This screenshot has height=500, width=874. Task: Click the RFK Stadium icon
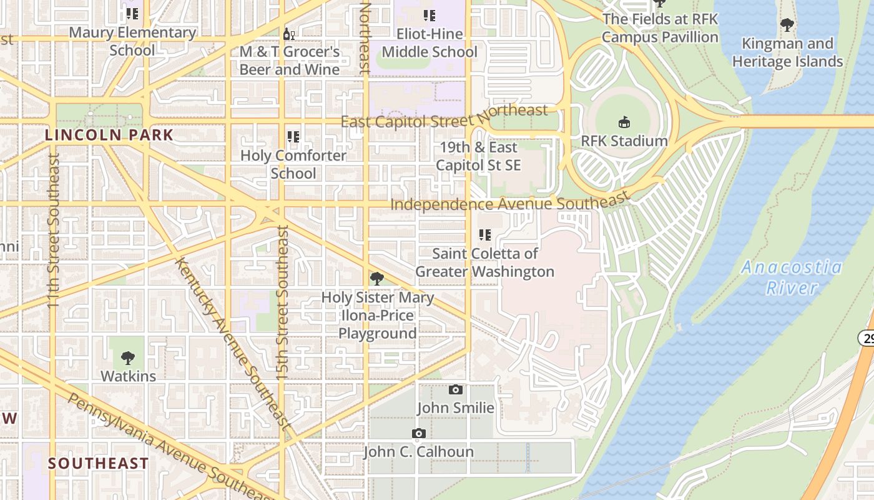(x=624, y=122)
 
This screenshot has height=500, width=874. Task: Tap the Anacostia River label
(x=792, y=277)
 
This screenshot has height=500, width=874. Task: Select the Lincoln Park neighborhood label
(x=109, y=135)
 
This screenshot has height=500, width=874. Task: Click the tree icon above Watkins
(x=128, y=358)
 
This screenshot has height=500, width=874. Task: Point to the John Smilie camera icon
(x=456, y=390)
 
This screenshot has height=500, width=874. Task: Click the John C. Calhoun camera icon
(x=419, y=434)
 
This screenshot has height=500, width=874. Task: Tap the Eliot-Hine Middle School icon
(x=429, y=16)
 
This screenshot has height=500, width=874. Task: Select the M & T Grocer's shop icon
(x=288, y=34)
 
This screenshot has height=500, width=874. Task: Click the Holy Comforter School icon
(x=293, y=137)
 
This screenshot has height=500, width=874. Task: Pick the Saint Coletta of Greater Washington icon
(x=484, y=235)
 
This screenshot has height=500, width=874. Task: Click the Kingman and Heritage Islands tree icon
(x=787, y=25)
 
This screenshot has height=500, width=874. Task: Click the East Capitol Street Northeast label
(x=444, y=116)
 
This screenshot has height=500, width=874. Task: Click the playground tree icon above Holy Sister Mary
(x=376, y=279)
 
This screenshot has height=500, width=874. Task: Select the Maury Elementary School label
(x=132, y=41)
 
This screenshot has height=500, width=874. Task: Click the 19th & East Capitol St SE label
(x=478, y=156)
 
